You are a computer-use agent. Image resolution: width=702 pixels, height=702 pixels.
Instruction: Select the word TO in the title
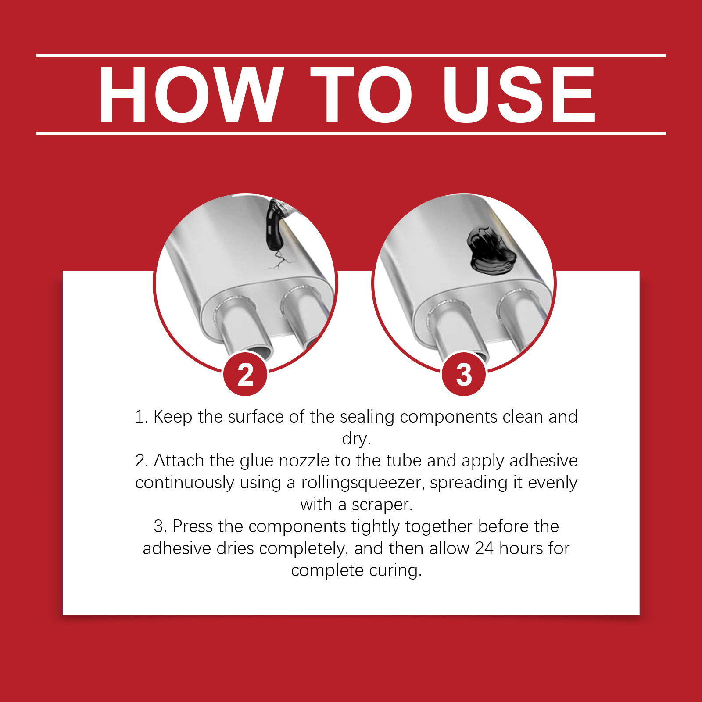tap(361, 94)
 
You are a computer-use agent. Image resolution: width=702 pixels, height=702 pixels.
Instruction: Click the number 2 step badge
tap(245, 374)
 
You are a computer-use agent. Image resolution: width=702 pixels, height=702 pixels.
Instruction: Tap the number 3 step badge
tap(464, 374)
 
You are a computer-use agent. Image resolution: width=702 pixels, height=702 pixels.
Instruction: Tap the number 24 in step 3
tap(484, 548)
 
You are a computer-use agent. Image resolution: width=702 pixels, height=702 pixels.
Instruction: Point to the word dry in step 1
tap(356, 439)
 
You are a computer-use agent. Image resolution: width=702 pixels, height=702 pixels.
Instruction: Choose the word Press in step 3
tap(193, 526)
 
